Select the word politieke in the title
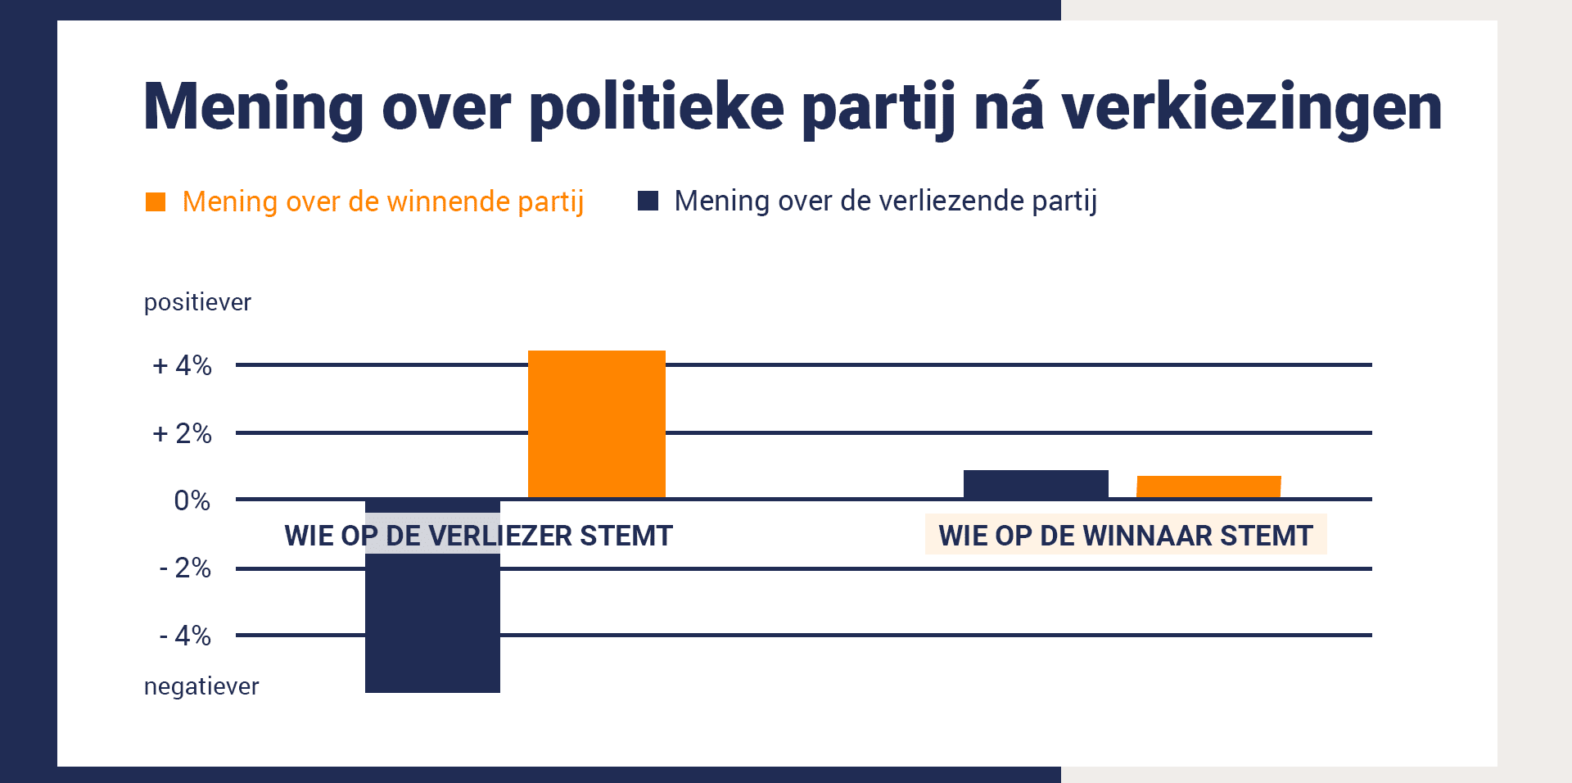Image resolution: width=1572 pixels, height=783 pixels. tap(657, 106)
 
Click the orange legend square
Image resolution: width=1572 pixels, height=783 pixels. tap(156, 201)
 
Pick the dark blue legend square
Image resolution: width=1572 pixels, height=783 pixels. tap(648, 201)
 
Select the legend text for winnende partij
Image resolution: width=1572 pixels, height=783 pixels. tap(383, 201)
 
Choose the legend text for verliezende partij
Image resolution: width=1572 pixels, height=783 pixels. tap(886, 201)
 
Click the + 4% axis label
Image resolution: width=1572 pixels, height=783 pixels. tap(183, 365)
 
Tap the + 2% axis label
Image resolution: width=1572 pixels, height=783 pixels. tap(183, 433)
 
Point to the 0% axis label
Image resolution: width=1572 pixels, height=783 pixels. tap(192, 500)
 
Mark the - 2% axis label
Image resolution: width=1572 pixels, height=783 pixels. tap(185, 568)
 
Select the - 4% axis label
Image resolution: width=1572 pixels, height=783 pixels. tap(185, 636)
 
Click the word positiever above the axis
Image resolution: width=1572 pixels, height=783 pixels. tap(198, 302)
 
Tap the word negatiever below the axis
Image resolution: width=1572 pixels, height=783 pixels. tap(201, 686)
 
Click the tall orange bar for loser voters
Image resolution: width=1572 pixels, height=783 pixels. tap(597, 424)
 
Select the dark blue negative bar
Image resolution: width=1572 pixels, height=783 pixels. tap(432, 596)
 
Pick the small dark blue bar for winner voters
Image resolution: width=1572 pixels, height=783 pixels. tap(1036, 484)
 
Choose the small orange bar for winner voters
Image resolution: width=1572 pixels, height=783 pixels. tap(1208, 487)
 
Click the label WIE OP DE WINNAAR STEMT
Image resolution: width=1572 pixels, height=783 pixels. tap(1126, 536)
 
